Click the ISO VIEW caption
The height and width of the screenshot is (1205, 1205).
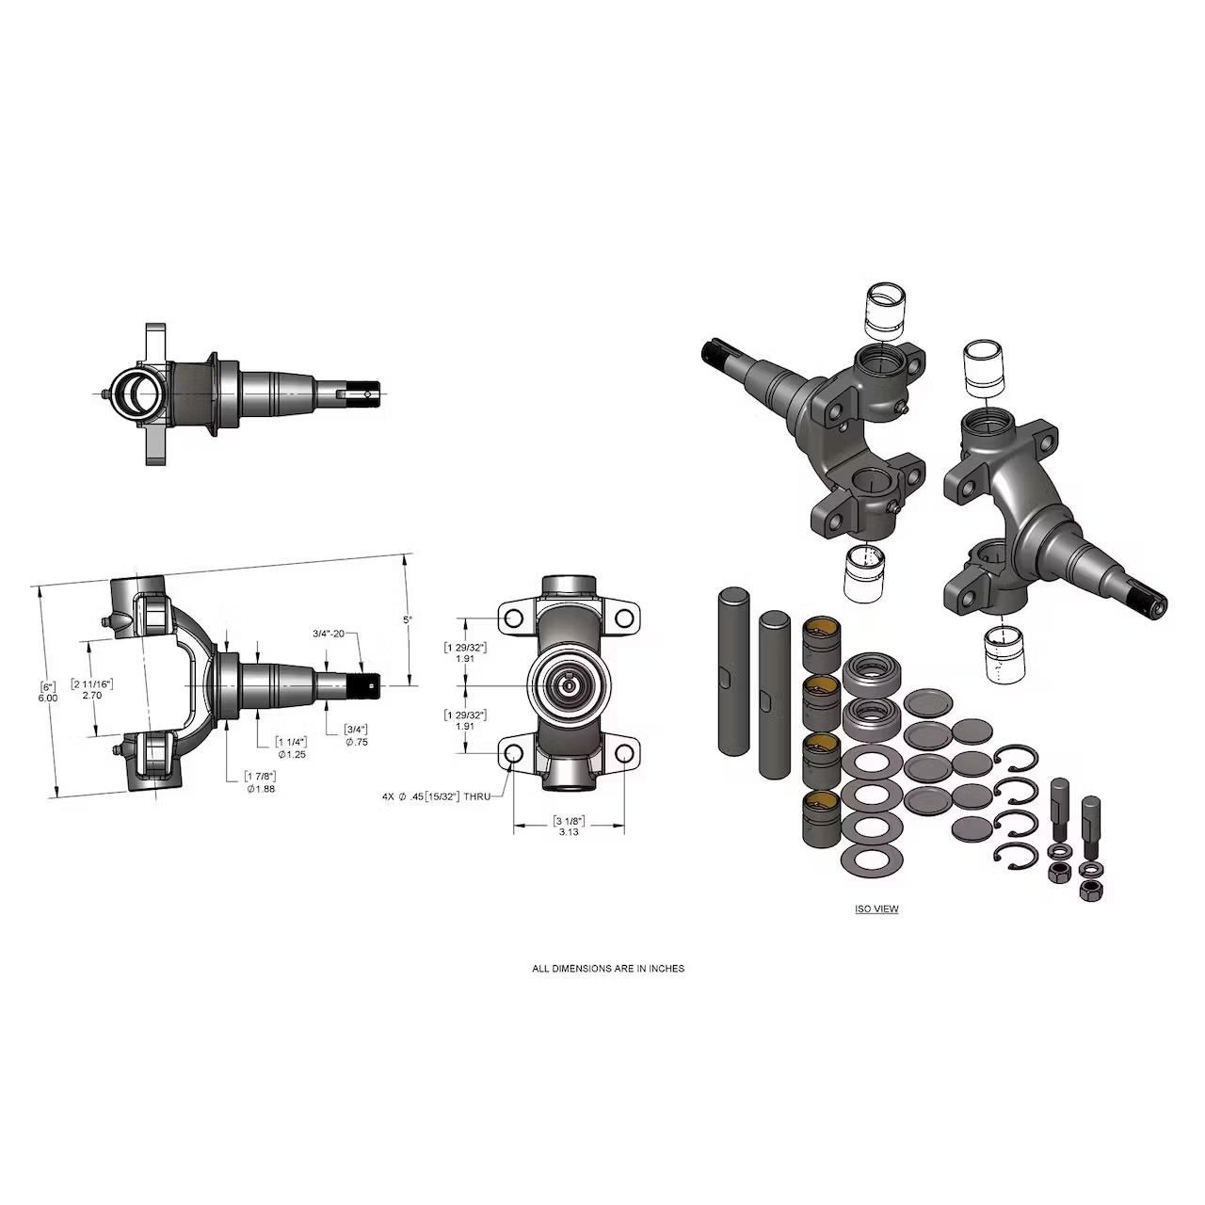point(876,908)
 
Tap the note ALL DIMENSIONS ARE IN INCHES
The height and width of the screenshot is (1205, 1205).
point(608,969)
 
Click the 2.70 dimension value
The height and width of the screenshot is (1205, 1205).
point(92,695)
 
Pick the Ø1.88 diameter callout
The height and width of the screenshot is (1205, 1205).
point(261,789)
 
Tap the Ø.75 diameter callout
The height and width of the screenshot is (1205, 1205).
point(357,742)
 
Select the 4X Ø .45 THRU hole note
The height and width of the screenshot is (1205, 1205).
point(437,796)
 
